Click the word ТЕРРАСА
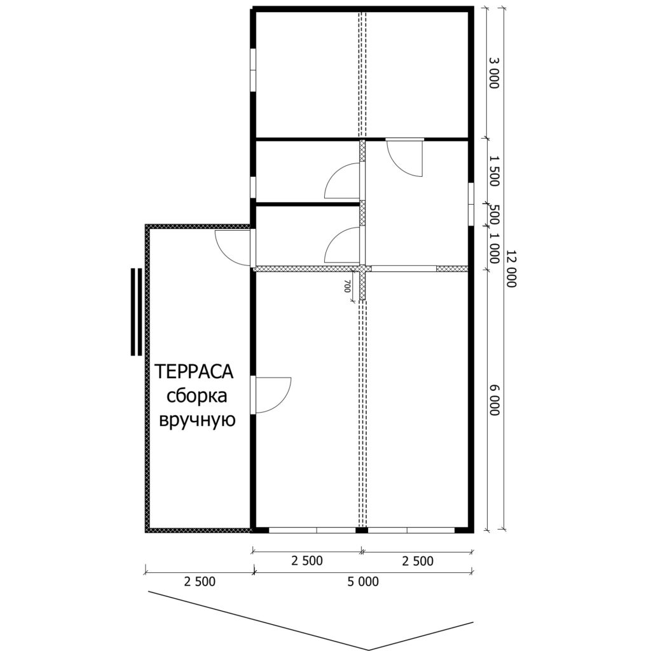(194, 371)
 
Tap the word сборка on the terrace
(197, 396)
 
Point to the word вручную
(198, 421)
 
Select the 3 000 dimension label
(493, 73)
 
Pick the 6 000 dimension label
(493, 400)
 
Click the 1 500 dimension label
(493, 171)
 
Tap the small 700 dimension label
(347, 286)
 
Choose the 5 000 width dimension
(363, 582)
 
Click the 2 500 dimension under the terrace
(200, 582)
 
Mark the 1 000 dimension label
(493, 248)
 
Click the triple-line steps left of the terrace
(136, 312)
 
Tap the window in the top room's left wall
(252, 70)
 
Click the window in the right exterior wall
(471, 204)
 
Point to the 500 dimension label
(493, 214)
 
